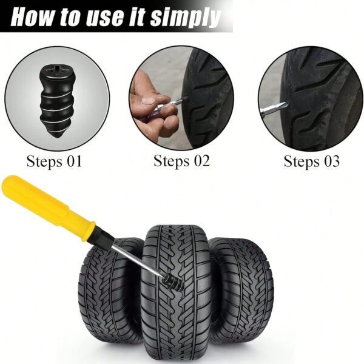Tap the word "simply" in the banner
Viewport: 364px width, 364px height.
185,19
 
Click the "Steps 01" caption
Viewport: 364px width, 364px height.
55,161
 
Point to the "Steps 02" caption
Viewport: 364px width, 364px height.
181,161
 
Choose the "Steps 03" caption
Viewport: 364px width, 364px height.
312,161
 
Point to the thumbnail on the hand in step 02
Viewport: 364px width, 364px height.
148,101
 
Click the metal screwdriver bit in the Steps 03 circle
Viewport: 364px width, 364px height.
274,109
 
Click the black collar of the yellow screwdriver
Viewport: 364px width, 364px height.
104,239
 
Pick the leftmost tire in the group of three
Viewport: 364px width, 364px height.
109,290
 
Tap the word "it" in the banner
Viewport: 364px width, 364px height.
136,18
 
